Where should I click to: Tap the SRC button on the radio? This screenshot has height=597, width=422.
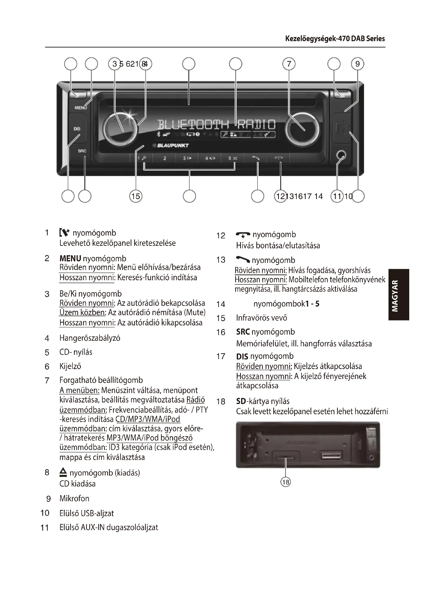[x=82, y=151]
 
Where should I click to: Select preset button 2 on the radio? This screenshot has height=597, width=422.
[x=165, y=158]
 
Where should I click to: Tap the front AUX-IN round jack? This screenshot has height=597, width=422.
[x=341, y=155]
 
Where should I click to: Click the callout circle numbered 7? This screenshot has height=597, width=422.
[x=289, y=64]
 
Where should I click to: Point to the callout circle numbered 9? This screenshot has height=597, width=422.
[x=357, y=64]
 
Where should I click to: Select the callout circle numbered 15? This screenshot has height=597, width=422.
[x=136, y=196]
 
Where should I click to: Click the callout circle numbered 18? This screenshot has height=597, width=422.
[x=286, y=482]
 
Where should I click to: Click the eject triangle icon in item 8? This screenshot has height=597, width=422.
[x=63, y=472]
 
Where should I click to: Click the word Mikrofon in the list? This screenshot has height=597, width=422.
[x=74, y=498]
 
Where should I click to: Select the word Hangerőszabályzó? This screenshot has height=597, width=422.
[x=90, y=338]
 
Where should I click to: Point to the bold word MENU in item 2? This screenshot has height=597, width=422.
[x=70, y=259]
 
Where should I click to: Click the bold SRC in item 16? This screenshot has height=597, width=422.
[x=243, y=332]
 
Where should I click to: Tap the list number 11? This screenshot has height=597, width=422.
[x=45, y=528]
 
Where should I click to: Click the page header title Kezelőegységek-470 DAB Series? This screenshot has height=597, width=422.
[x=335, y=39]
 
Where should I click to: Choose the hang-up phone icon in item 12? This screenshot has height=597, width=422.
[x=243, y=235]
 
